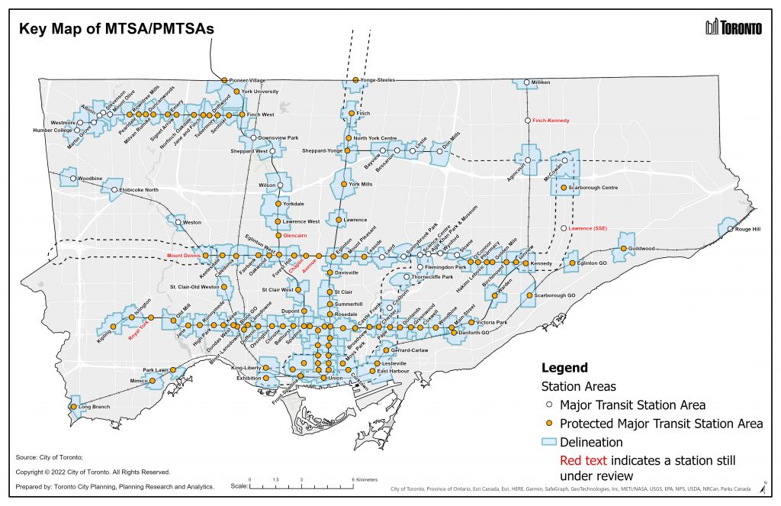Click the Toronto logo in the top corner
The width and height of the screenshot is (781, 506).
734,28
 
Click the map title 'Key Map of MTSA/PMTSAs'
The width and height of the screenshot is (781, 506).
117,29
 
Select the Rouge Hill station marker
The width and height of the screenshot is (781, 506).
730,229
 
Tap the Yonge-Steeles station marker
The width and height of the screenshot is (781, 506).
355,80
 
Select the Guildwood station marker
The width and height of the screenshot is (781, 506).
623,249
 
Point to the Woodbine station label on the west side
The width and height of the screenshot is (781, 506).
90,179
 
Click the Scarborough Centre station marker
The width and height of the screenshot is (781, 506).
564,187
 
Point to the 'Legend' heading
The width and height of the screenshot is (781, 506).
564,368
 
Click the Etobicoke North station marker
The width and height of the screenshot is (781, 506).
115,189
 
